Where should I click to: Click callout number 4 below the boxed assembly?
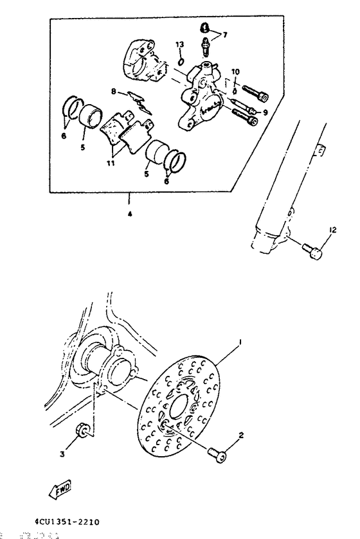[x=129, y=215]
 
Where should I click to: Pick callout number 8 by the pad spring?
[x=114, y=92]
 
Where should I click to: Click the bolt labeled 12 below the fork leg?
[x=313, y=252]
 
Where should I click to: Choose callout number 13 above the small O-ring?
[x=180, y=44]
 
